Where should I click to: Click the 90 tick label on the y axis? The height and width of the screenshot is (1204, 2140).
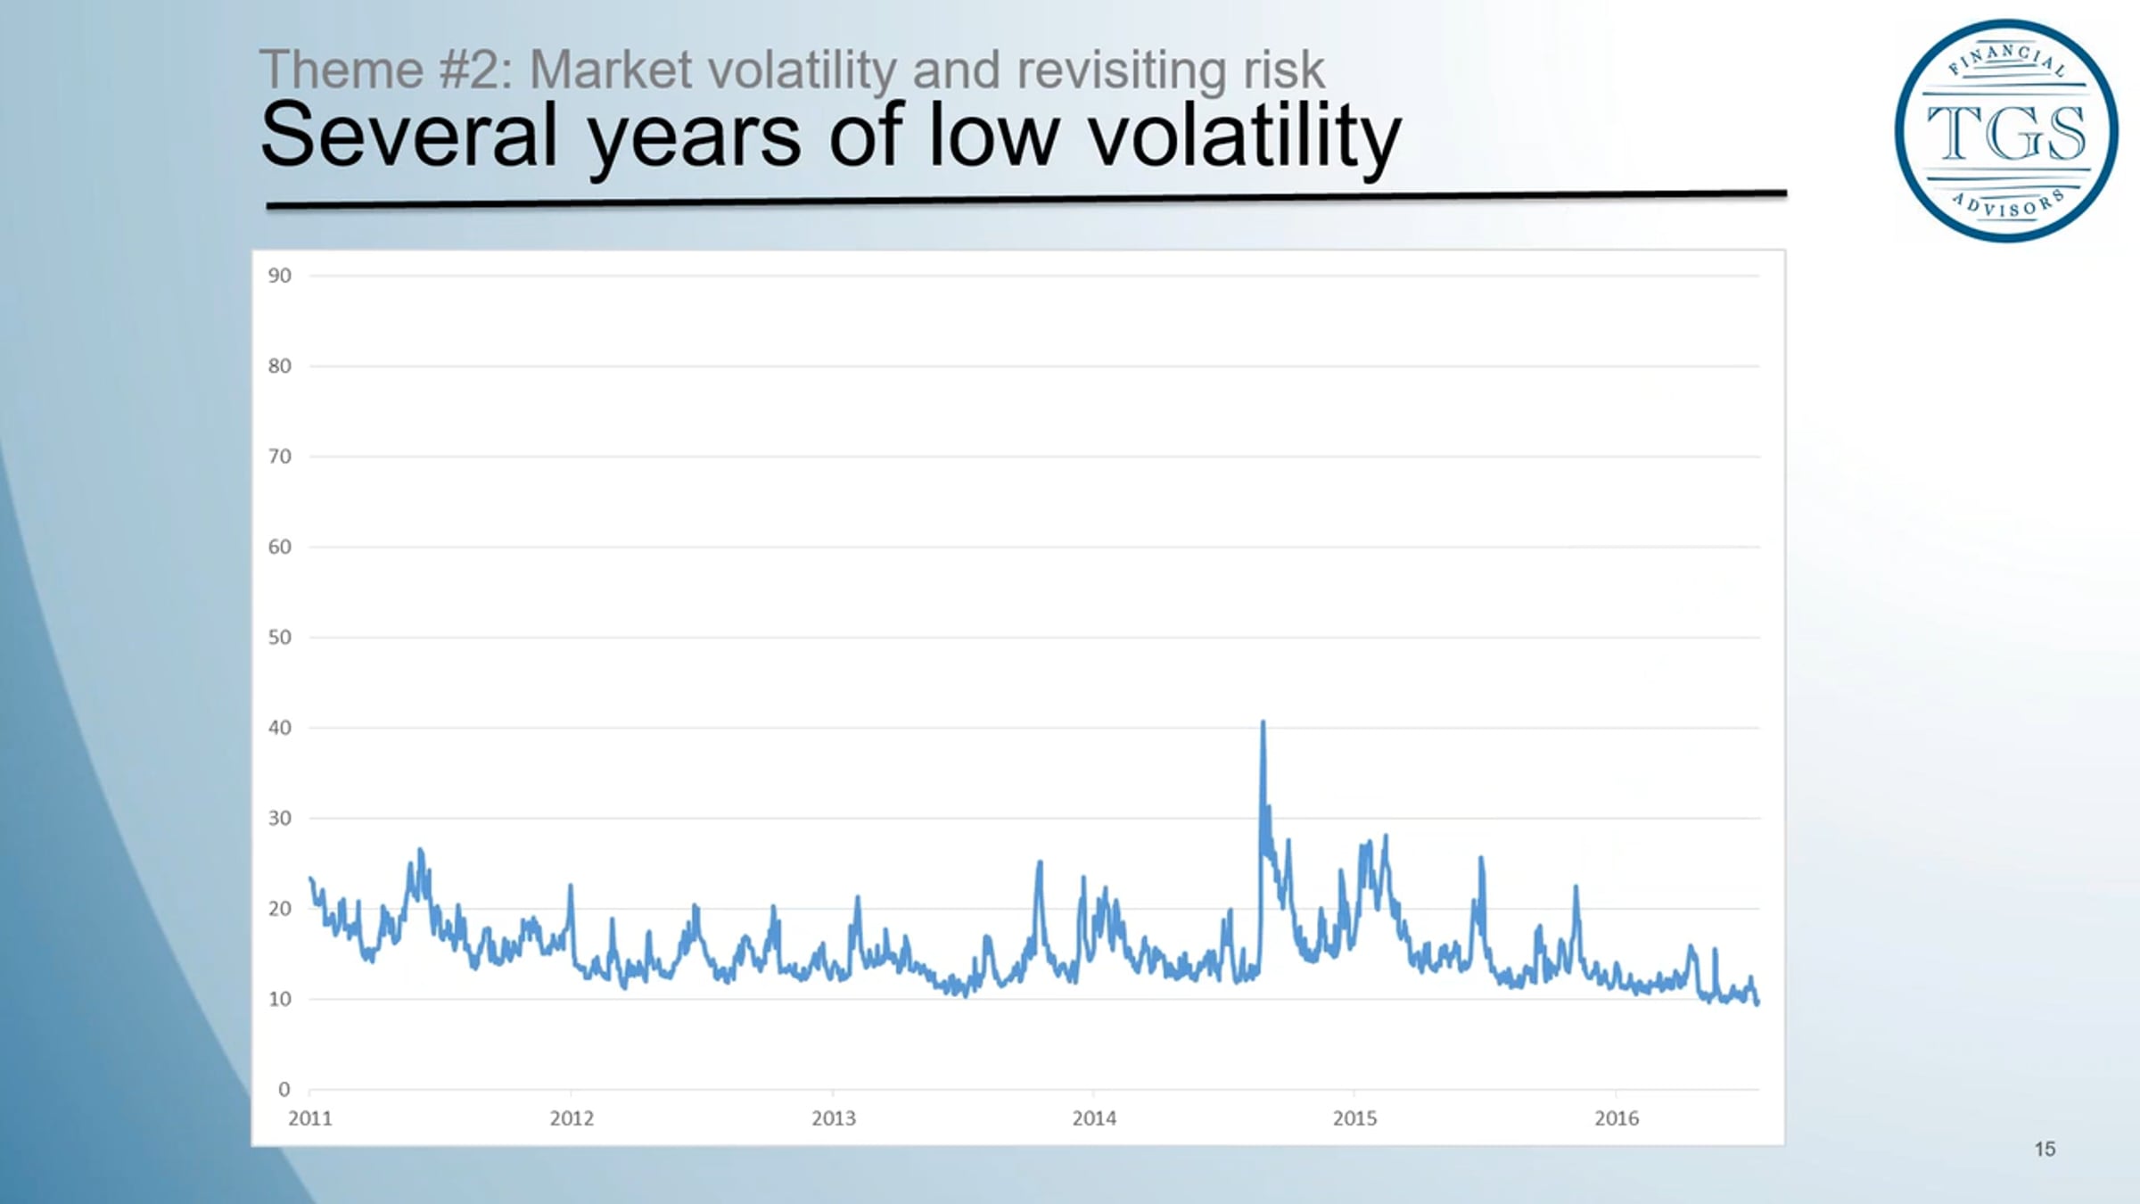(280, 276)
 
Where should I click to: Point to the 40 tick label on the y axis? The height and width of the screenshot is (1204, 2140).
(280, 728)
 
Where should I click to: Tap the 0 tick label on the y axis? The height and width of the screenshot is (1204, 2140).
(284, 1089)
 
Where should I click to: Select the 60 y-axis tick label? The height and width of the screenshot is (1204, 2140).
(280, 547)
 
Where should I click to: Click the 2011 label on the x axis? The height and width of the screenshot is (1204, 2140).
(310, 1118)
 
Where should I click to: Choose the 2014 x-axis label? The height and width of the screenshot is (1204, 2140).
(1094, 1118)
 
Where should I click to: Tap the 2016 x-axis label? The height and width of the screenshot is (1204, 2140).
(1617, 1118)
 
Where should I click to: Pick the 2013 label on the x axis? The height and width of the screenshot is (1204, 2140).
(833, 1118)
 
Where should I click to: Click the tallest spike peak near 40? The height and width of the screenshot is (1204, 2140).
(1263, 722)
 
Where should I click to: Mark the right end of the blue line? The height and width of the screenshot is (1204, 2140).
(1757, 1004)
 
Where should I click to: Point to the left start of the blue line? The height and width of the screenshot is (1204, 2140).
(310, 878)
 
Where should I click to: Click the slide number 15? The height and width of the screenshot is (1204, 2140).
(2045, 1149)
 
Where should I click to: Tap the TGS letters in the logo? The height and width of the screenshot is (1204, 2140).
(2006, 132)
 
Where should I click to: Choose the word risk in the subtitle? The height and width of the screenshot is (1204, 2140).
(1284, 70)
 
